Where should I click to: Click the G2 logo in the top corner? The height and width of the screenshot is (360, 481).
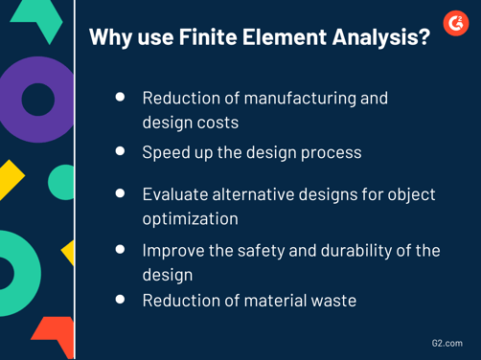coord(456,23)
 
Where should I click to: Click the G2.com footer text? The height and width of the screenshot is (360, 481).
coord(446,342)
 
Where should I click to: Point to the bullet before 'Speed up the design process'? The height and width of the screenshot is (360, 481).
coord(120,151)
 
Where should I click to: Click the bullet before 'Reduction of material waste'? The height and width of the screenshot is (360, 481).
coord(120,300)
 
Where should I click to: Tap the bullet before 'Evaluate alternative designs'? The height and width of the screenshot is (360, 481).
coord(120,193)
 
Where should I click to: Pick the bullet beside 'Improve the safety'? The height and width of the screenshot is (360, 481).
coord(120,250)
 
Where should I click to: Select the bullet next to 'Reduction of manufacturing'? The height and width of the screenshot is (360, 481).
coord(120,98)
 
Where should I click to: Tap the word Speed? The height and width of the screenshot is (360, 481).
coord(165,152)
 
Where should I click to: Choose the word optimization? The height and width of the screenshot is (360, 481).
coord(190,219)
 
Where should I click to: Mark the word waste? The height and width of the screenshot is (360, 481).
coord(331,301)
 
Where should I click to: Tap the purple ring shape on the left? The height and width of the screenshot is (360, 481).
coord(38,99)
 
